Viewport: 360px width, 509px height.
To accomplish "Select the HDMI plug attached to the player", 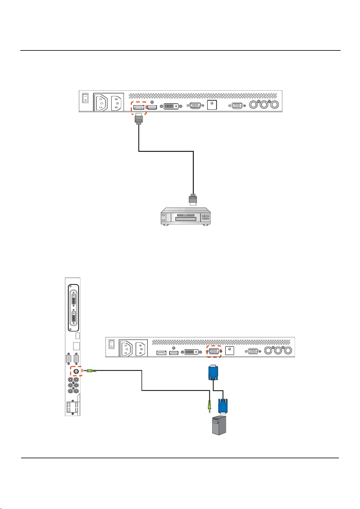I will pos(193,200).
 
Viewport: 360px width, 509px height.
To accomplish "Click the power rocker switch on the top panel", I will pos(86,98).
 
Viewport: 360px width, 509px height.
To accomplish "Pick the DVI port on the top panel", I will pos(171,106).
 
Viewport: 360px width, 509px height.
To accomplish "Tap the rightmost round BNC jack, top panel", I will pos(275,105).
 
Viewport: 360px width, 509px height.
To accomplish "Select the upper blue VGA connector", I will pos(213,373).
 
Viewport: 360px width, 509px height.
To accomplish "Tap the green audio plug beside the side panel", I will pos(90,370).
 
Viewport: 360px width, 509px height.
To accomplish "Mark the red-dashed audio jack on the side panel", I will pos(76,371).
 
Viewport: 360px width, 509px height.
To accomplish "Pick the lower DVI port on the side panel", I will pos(74,319).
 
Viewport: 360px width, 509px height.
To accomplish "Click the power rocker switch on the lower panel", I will pos(112,344).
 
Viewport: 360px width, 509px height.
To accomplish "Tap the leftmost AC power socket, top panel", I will pos(101,103).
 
